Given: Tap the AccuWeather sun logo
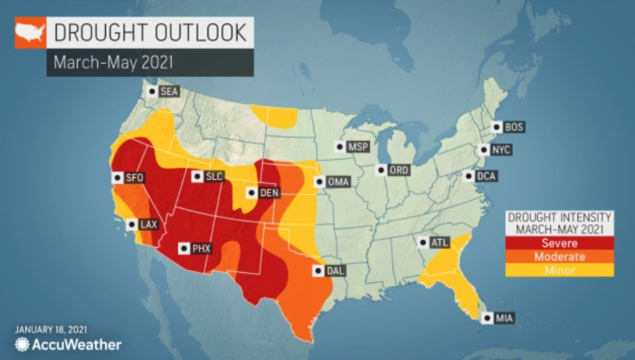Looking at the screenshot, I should coord(22,344).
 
